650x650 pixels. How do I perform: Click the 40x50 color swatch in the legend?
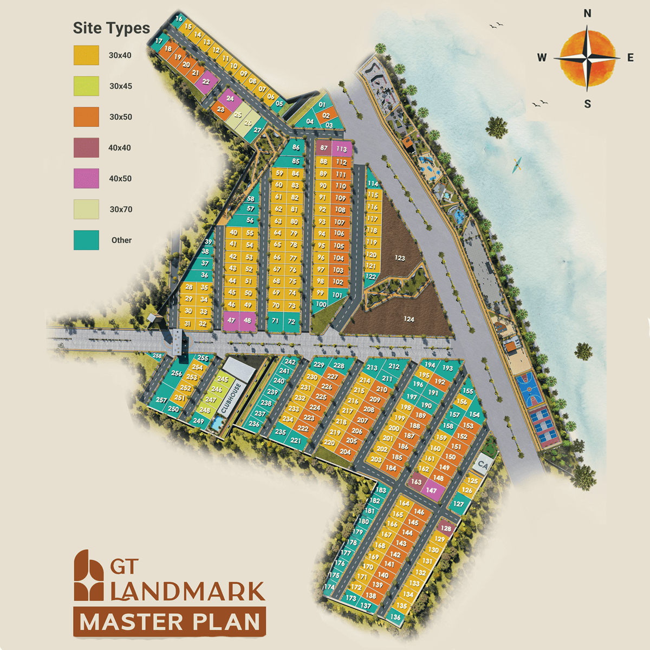86,178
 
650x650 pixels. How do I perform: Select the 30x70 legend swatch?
86,209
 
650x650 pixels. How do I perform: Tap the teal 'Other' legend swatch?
86,240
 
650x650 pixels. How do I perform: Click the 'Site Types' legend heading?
111,28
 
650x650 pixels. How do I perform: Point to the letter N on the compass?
587,14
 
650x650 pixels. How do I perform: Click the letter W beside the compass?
542,57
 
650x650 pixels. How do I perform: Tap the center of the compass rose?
587,57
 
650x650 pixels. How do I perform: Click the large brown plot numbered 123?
400,258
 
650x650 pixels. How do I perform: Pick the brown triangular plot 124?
409,319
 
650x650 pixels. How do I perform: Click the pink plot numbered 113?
341,148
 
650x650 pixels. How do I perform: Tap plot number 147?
431,490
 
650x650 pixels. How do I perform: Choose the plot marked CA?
483,465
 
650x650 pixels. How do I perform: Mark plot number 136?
395,616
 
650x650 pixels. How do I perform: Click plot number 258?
157,356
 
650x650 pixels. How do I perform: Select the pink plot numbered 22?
206,82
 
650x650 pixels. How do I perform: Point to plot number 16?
179,19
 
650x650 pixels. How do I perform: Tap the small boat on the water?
517,165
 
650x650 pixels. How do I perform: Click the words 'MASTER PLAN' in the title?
170,622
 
